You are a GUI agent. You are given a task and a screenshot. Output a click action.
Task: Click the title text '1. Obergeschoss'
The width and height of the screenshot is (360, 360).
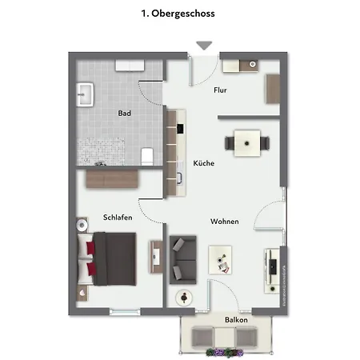178,14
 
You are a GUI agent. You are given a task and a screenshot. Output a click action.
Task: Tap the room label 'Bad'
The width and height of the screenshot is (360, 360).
124,114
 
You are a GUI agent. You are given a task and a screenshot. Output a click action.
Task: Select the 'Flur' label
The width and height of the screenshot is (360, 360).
220,90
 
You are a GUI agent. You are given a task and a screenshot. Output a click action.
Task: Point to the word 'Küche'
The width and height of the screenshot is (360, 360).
203,163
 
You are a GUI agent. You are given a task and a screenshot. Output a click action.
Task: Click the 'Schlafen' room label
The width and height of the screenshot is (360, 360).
118,217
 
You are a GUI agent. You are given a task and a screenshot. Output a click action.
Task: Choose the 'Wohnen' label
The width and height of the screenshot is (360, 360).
225,221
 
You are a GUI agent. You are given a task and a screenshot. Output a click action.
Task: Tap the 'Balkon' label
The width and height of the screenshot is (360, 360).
235,320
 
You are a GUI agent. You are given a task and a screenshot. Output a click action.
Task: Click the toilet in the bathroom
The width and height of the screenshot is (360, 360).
147,154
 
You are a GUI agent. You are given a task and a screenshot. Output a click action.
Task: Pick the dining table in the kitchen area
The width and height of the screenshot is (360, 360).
246,143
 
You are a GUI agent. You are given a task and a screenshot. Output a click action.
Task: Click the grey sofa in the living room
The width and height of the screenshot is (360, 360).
184,258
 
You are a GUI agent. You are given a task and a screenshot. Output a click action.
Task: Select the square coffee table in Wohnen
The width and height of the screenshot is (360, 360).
220,258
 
